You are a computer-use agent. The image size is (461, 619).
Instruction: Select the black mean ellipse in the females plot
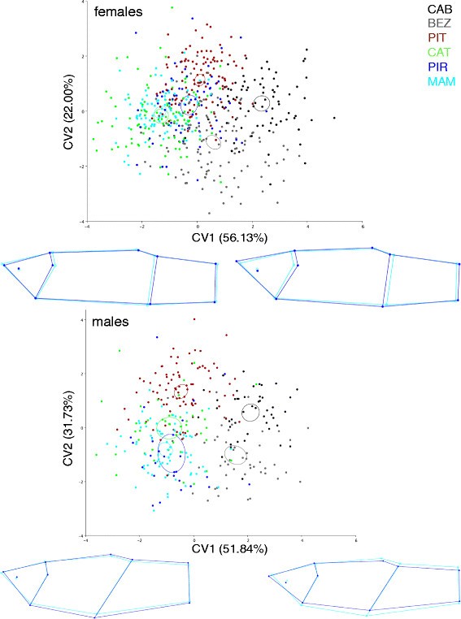tap(261, 103)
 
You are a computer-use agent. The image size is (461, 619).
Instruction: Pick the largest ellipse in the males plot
tap(172, 452)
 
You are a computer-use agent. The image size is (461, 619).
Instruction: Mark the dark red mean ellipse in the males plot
tap(181, 391)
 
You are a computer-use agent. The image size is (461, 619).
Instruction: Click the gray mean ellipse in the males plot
tap(235, 453)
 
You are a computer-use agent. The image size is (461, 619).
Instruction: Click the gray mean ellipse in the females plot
tap(213, 142)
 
